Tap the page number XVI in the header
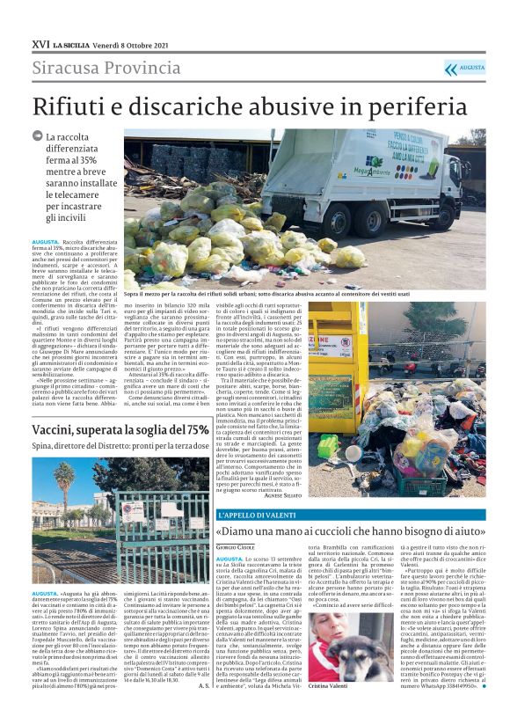[x=40, y=42]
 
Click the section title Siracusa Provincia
[x=96, y=68]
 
